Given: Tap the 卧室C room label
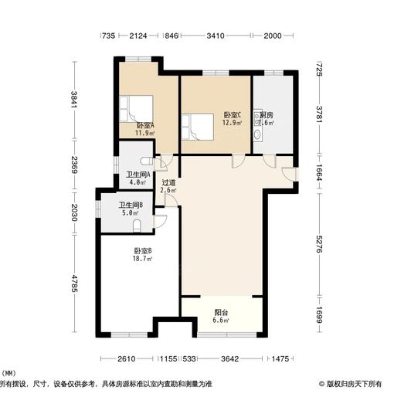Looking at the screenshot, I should (x=232, y=114).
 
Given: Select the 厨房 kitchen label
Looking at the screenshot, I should (x=265, y=114).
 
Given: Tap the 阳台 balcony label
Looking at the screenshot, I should (x=221, y=313).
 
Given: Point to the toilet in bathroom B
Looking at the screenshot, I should (x=137, y=225).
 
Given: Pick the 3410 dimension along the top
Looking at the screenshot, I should (x=216, y=36).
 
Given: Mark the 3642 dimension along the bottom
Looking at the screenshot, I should (x=229, y=359).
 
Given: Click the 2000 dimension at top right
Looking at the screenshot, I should (x=273, y=36).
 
